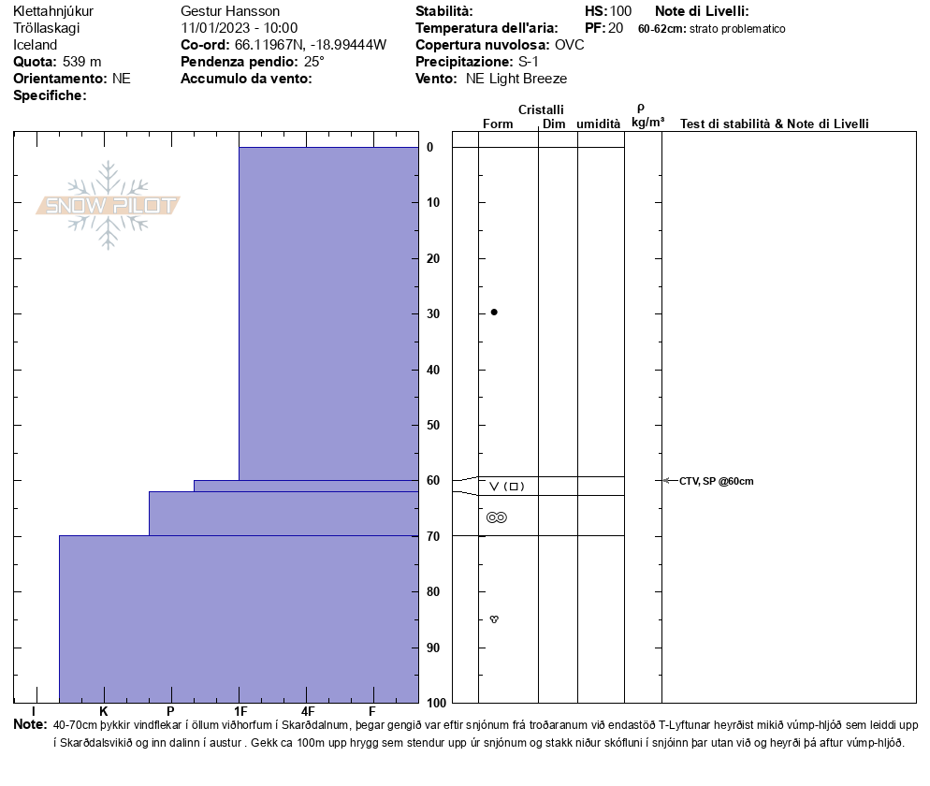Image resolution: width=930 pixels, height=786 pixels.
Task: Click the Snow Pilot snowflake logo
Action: tap(109, 205)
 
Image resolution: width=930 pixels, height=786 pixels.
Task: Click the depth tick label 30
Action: tap(433, 313)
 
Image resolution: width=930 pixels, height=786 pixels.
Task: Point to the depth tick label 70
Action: tap(433, 536)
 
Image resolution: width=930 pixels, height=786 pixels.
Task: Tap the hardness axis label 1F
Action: tap(240, 712)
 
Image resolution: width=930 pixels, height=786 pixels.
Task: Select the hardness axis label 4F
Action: tap(308, 712)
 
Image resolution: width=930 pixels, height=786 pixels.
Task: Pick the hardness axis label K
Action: tap(104, 712)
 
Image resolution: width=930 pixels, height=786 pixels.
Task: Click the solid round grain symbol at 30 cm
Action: tap(494, 312)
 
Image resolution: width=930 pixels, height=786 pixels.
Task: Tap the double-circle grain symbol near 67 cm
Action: tap(497, 517)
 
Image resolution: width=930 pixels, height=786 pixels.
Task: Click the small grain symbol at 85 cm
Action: tap(494, 619)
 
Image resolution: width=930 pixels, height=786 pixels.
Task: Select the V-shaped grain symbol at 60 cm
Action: tap(494, 487)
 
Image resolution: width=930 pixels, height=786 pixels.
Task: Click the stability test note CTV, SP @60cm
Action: tap(716, 481)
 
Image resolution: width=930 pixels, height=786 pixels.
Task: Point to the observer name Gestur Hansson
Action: tap(230, 11)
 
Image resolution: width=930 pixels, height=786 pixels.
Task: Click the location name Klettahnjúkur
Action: tap(53, 11)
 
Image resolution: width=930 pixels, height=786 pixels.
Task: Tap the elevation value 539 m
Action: tap(82, 62)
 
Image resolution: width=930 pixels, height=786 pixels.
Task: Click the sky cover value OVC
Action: tap(570, 45)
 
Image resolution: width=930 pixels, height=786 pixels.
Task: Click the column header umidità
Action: tap(599, 124)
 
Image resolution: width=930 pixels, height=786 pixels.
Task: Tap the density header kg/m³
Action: tap(647, 123)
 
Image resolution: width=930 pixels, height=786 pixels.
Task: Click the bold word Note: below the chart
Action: tap(30, 724)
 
